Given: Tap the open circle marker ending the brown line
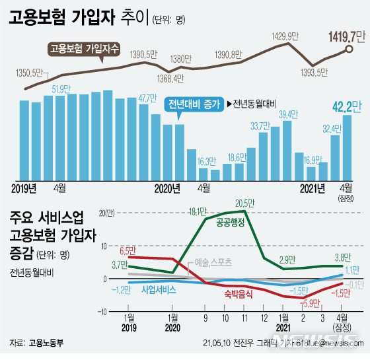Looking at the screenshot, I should coord(350,49).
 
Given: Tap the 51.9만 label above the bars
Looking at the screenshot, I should coord(61,89).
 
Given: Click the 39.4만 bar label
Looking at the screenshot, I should coord(286,114).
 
